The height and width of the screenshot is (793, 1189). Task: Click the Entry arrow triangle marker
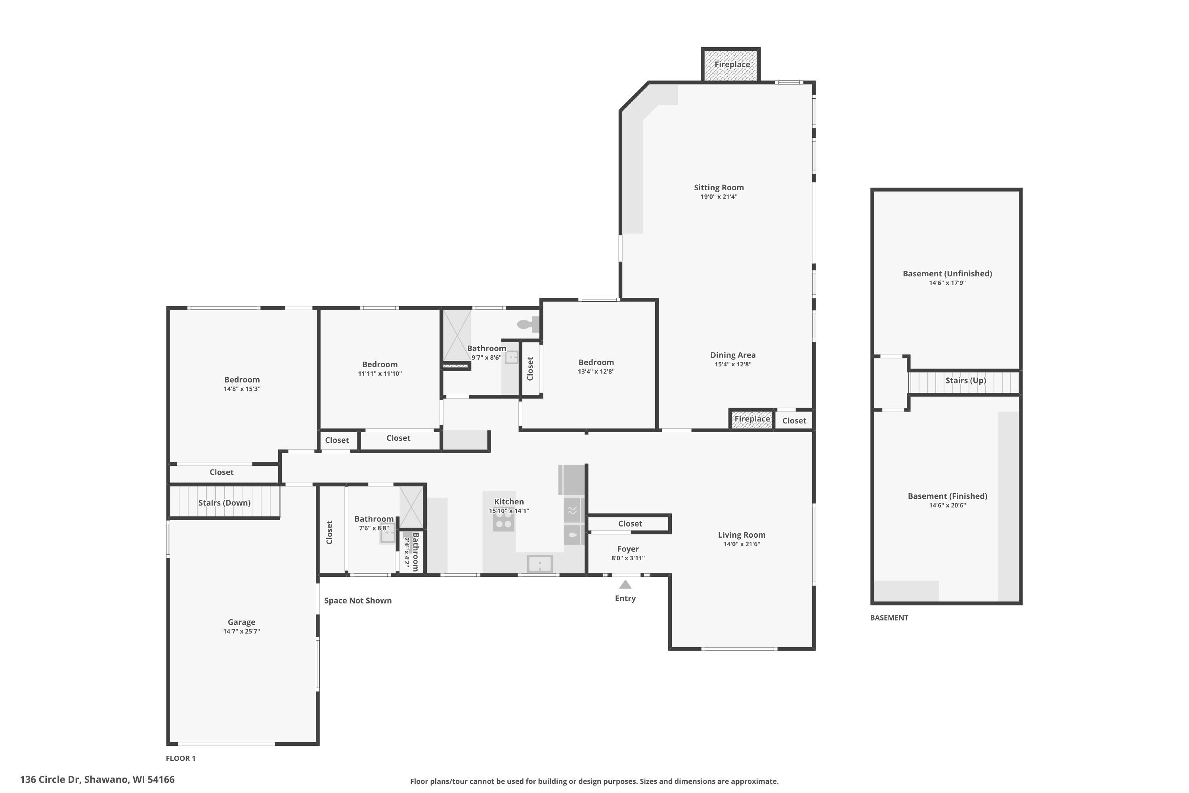coord(625,584)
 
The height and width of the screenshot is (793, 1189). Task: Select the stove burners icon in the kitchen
coord(503,518)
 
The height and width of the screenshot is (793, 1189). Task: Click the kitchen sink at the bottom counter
coord(540,563)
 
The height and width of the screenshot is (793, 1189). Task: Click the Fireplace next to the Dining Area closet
coord(752,419)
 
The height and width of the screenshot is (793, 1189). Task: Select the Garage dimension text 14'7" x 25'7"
coord(242,631)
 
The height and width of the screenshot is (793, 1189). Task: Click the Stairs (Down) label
coord(224,503)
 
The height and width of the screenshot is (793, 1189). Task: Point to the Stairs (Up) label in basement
coord(965,380)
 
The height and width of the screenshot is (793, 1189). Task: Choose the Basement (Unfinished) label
coord(947,274)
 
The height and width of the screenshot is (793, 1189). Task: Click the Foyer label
coord(628,549)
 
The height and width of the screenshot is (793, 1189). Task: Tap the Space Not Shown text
coord(358,600)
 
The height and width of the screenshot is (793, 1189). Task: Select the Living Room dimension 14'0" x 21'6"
coord(742,544)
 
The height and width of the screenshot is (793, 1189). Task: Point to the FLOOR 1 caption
coord(180,758)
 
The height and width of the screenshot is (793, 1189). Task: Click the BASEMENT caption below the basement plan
coord(889,617)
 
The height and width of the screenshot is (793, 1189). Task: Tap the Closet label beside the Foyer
coord(630,523)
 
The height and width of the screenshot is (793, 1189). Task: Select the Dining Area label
coord(733,355)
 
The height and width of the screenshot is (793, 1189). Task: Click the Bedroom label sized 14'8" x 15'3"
coord(242,380)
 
